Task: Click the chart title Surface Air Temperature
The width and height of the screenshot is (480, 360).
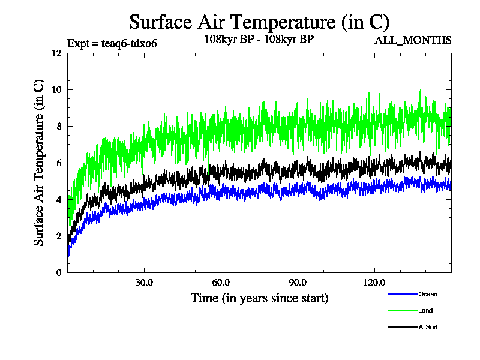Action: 259,22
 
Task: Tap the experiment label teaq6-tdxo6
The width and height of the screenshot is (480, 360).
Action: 112,43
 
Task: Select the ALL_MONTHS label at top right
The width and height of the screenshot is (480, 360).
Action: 413,40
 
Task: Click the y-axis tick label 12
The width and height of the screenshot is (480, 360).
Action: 56,53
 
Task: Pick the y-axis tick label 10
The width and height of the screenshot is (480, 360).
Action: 56,89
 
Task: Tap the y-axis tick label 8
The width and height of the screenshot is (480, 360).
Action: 58,126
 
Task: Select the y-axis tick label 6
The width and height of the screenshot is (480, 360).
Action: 58,163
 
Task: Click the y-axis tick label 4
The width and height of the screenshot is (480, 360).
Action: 58,199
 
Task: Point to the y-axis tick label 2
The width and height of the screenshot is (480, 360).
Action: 58,236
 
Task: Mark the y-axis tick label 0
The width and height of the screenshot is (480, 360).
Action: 58,272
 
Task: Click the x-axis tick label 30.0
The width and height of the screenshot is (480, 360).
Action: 144,282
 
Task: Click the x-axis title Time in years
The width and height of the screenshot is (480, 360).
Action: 259,298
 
